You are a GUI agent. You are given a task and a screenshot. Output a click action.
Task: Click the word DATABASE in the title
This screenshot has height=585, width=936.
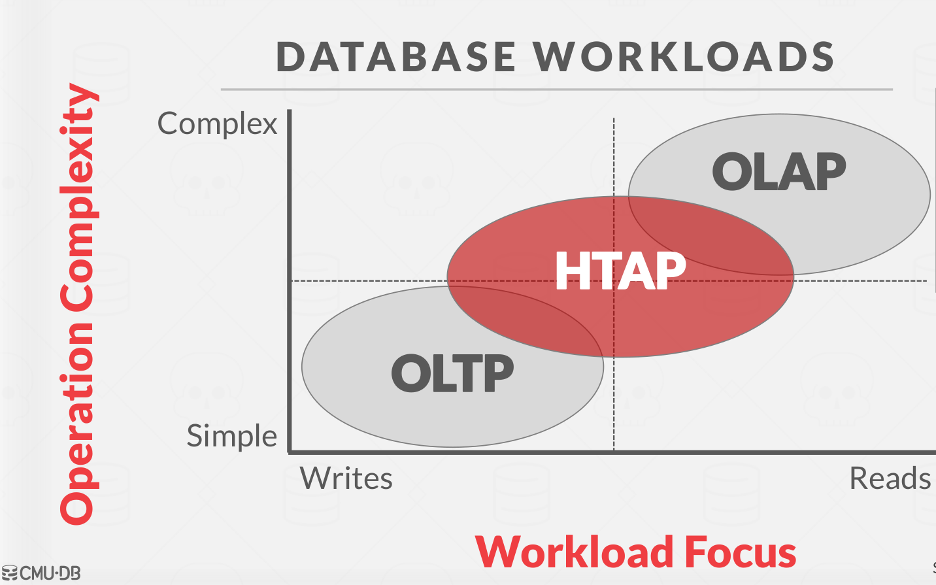tap(396, 56)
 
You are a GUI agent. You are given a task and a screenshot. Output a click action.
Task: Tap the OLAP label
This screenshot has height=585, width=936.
tap(778, 172)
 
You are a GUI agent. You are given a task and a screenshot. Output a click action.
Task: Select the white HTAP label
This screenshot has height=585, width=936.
tap(620, 271)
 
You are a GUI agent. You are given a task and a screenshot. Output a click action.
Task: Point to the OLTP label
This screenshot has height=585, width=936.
tap(452, 374)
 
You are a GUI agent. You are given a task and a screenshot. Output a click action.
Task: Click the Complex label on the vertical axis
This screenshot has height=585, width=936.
tap(218, 124)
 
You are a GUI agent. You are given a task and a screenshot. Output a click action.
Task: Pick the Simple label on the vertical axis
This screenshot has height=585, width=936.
tap(232, 436)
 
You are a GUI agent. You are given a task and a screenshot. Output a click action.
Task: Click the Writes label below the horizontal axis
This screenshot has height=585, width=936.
tap(346, 478)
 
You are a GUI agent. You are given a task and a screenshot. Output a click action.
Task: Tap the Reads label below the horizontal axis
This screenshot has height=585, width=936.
tap(890, 478)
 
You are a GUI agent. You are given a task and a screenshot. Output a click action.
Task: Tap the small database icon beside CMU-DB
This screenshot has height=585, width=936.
tap(9, 573)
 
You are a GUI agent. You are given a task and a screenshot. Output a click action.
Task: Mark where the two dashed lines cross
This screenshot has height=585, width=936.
tap(614, 281)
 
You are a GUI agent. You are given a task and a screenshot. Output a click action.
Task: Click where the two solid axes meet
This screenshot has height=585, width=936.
tap(290, 451)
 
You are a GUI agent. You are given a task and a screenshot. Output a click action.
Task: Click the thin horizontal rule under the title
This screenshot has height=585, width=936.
tap(556, 89)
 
